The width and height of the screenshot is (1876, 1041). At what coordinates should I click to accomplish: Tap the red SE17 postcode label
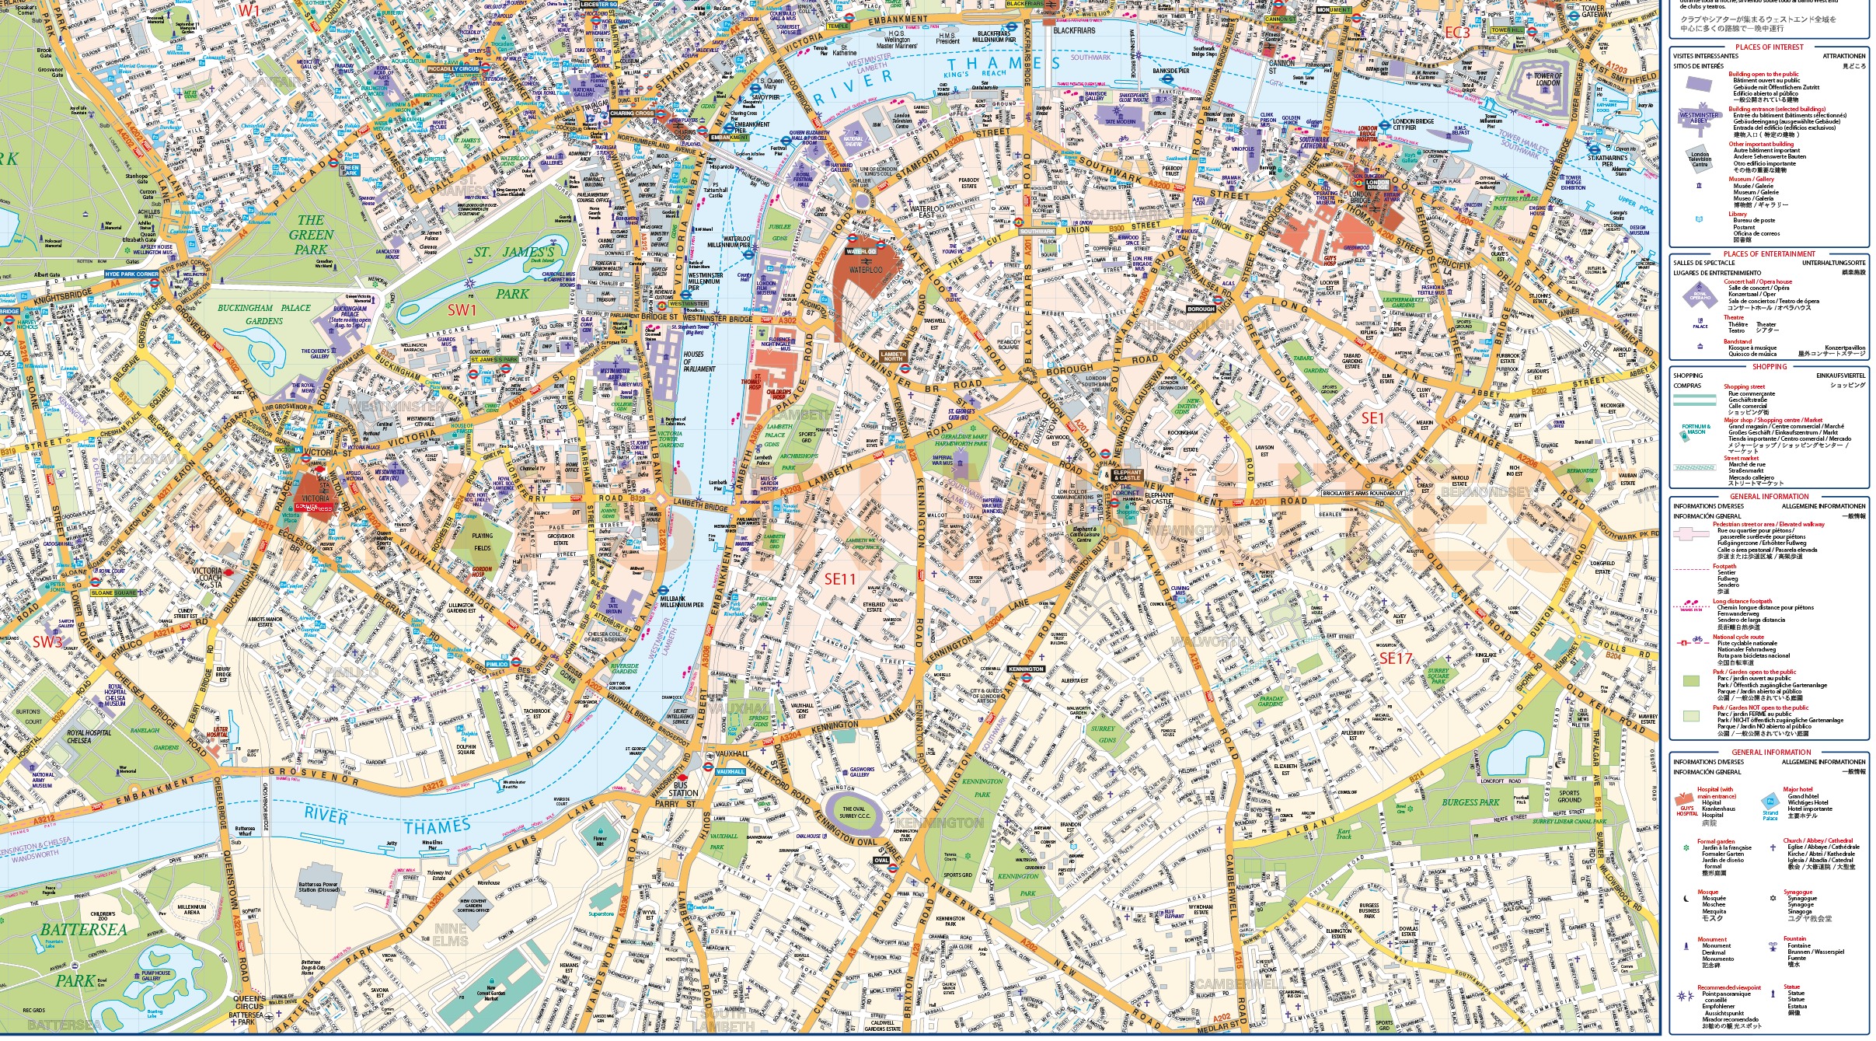coord(1395,658)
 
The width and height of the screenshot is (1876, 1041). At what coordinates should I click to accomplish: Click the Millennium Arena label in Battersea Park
coord(192,909)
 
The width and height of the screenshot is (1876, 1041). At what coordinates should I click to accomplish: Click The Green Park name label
coord(311,235)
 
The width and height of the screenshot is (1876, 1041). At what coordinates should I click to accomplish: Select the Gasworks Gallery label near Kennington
coord(860,772)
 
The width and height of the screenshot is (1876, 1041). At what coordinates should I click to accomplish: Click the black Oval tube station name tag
coord(881,861)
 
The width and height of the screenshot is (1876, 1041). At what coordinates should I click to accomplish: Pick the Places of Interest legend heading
coord(1769,47)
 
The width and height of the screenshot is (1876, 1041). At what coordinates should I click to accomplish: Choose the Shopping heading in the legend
coord(1769,366)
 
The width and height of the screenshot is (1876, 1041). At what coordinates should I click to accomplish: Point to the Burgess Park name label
coord(1470,802)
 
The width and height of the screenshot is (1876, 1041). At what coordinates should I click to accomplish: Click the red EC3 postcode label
coord(1457,33)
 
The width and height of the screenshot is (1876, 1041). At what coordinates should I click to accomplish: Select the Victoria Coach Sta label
coord(207,577)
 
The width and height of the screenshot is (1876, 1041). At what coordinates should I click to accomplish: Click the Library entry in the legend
coord(1737,214)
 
